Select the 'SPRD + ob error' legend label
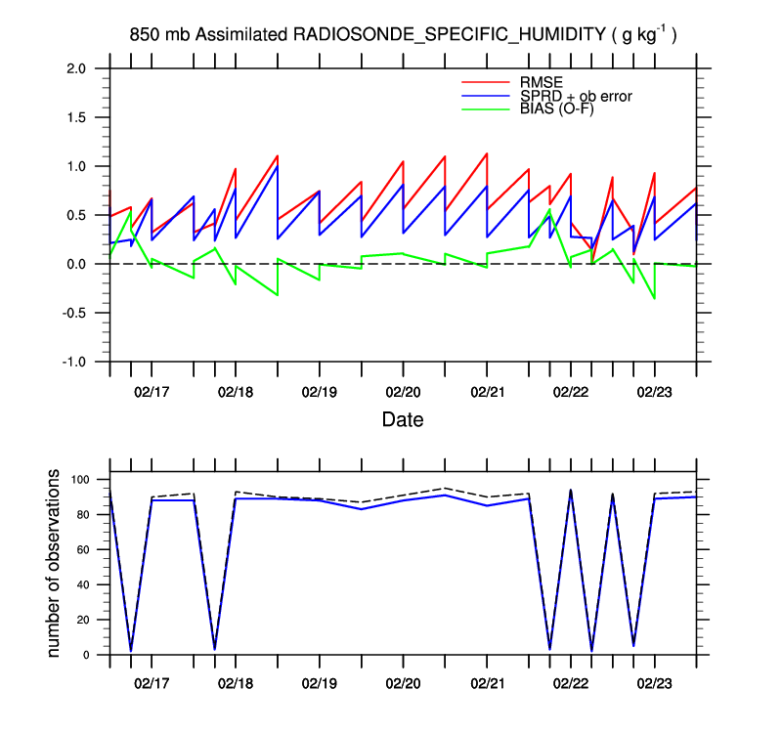coord(576,95)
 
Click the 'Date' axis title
coord(403,420)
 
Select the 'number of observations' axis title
coord(55,563)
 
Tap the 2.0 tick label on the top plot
coord(76,68)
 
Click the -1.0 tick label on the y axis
coord(73,362)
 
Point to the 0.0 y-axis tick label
coord(76,264)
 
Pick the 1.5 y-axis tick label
coord(76,117)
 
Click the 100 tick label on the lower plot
coord(79,480)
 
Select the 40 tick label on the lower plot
coord(82,584)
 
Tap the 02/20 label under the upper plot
coord(403,391)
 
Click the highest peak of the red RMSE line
coord(487,153)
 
